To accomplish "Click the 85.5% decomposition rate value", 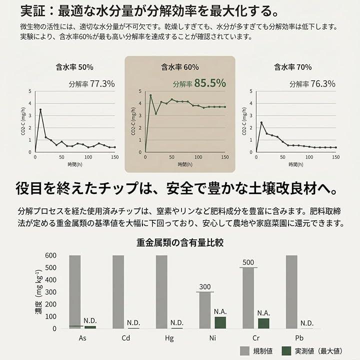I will click(210, 83).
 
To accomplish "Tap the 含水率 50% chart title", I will click(74, 66).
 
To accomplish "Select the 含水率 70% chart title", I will click(292, 66).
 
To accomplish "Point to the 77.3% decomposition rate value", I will click(102, 83).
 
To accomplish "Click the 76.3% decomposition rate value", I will click(322, 83).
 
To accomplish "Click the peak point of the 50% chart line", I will click(40, 109).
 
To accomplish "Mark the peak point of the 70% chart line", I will click(261, 122).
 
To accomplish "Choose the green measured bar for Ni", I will click(220, 322).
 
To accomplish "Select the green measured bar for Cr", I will click(263, 323).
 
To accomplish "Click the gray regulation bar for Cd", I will click(118, 292).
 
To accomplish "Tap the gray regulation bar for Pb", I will click(292, 292).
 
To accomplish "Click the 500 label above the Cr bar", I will click(249, 262).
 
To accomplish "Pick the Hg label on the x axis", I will click(169, 338).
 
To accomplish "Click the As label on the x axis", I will click(82, 338).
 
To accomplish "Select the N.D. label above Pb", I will click(307, 323).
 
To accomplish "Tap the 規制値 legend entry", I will click(254, 350).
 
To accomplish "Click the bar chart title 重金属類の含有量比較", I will click(180, 242).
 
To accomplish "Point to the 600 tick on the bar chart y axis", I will click(51, 255).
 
